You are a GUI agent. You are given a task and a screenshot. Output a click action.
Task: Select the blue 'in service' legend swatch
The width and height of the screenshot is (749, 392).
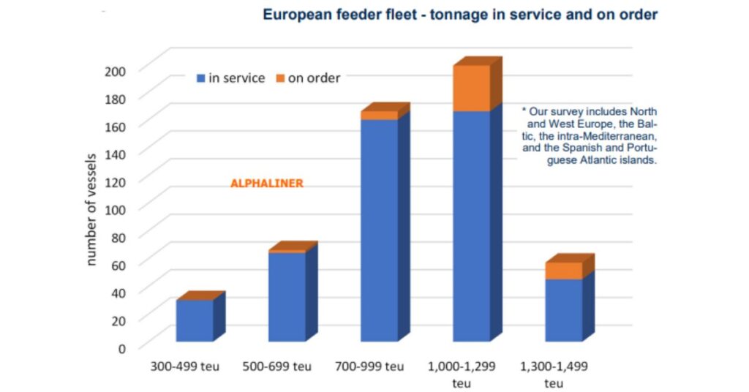(x=200, y=78)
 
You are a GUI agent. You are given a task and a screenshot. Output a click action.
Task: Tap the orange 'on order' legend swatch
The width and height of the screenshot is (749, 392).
(x=279, y=78)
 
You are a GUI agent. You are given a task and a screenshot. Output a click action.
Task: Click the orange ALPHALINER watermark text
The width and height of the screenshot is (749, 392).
(x=266, y=184)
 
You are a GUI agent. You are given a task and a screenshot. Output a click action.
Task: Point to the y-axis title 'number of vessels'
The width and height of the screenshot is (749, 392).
(x=92, y=209)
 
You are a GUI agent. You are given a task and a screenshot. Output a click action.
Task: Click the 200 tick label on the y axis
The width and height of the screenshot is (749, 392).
(x=118, y=70)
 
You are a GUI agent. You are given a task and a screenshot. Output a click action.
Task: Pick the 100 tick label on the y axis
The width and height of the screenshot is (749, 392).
(x=118, y=208)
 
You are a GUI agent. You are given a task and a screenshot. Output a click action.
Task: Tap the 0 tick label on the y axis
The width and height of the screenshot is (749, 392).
(x=123, y=347)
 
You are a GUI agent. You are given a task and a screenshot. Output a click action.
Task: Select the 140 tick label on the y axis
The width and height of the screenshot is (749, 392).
(x=118, y=153)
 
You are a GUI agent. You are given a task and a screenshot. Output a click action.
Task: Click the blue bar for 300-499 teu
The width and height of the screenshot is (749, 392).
(x=195, y=321)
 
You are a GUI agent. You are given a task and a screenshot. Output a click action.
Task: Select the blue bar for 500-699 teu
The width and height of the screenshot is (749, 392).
(x=287, y=297)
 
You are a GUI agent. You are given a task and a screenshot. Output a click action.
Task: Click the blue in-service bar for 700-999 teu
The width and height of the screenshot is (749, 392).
(x=379, y=230)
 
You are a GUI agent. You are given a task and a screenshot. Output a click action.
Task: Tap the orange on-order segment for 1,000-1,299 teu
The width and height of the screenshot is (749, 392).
(x=471, y=88)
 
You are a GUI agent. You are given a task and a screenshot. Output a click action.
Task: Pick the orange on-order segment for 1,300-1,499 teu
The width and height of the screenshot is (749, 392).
(x=563, y=271)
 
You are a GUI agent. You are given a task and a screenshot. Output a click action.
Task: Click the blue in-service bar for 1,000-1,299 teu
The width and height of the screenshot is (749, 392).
(x=471, y=226)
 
